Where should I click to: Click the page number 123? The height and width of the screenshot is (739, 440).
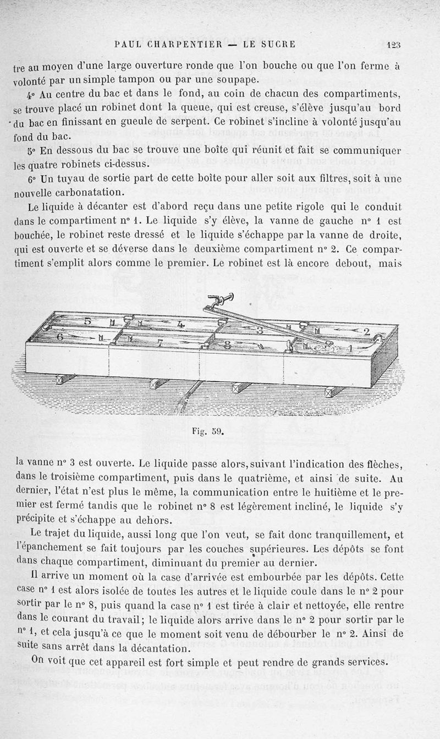click(x=393, y=45)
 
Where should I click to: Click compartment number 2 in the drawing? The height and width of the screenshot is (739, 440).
click(x=366, y=331)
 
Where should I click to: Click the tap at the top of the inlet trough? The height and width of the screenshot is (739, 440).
click(x=220, y=299)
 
